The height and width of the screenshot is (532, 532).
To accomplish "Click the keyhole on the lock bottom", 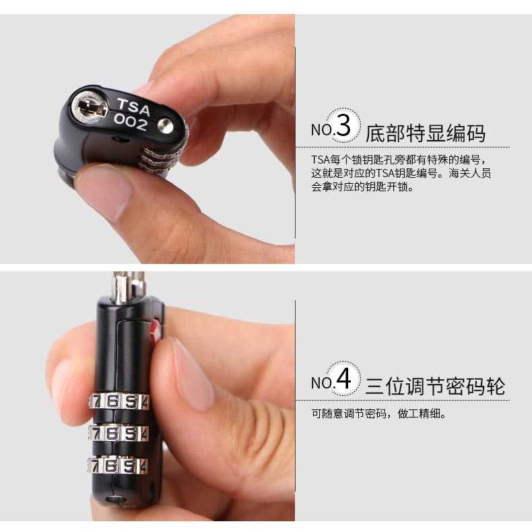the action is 90,108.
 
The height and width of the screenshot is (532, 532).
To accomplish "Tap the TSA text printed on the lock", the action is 133,107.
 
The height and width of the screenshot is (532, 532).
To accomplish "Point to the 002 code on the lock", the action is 130,122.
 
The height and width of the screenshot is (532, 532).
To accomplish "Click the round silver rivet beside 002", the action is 166,127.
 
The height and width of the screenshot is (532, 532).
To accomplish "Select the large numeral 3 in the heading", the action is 343,126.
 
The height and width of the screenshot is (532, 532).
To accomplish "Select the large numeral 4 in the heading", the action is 343,378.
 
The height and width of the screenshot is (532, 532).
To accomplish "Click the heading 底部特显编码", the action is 426,133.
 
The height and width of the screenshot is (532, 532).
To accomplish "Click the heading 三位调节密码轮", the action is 435,386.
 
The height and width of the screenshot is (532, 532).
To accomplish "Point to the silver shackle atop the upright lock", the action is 129,287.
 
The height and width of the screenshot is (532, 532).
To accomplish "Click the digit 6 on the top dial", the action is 112,402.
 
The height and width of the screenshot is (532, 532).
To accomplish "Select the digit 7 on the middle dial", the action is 96,433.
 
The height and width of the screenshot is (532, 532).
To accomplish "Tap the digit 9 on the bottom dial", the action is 129,466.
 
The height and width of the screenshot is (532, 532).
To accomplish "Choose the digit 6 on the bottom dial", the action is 111,466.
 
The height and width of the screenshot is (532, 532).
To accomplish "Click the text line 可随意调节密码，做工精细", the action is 378,413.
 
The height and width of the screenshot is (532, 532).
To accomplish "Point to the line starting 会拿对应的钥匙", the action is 362,187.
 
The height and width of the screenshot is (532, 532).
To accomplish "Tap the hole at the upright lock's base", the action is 117,500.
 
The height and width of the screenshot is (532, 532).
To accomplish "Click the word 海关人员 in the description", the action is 470,173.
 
